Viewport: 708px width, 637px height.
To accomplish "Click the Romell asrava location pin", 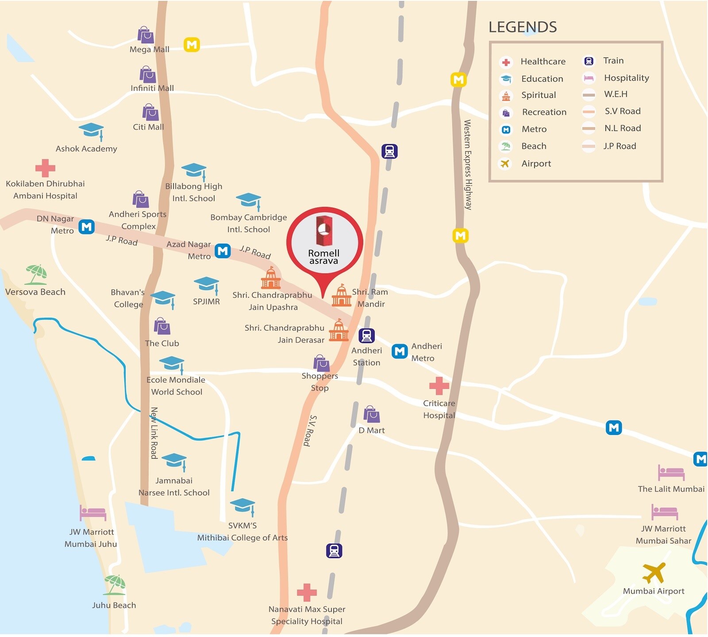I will tap(324, 241).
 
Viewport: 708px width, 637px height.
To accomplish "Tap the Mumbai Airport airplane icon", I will tap(654, 573).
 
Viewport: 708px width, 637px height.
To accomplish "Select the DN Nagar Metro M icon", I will tap(87, 227).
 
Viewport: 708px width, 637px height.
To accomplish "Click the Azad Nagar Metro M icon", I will tap(223, 251).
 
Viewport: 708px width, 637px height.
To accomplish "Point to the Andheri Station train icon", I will tap(366, 336).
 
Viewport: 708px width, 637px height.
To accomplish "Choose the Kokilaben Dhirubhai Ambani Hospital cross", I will tap(45, 168).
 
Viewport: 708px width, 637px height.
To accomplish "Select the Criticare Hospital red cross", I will tap(439, 386).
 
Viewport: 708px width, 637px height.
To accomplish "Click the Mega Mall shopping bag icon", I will tap(146, 35).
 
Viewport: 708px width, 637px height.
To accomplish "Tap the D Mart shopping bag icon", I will tap(372, 414).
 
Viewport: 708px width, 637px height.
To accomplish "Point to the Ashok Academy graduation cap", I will tap(92, 131).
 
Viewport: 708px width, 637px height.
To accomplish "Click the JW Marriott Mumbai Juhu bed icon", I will tap(93, 513).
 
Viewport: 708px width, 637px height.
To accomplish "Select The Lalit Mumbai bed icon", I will tap(671, 473).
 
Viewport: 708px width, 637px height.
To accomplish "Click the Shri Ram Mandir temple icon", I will tap(342, 295).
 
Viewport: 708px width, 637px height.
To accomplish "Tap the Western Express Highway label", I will tap(468, 165).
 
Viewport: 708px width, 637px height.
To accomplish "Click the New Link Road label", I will tap(154, 433).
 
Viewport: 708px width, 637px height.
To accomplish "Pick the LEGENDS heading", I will tap(523, 27).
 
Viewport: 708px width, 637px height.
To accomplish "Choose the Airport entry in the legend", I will tap(536, 163).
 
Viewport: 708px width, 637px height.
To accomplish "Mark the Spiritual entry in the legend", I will tap(538, 95).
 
